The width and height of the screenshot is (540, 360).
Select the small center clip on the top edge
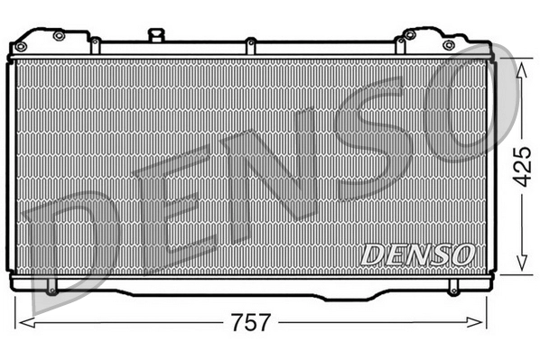pyautogui.click(x=247, y=41)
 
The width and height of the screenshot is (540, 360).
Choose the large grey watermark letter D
pyautogui.click(x=68, y=248)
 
